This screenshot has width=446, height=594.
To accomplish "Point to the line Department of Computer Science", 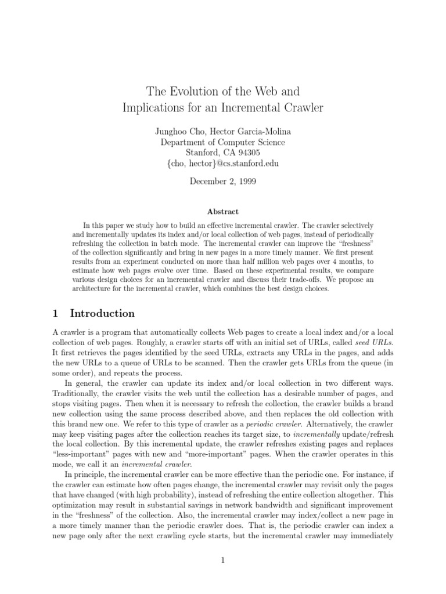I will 222,142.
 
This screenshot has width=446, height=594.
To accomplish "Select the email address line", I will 222,164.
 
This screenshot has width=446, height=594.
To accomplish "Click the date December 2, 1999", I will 222,181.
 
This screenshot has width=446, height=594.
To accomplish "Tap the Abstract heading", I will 222,212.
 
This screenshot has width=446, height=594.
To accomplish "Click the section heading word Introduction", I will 102,313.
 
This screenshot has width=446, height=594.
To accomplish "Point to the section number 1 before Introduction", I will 55,313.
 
